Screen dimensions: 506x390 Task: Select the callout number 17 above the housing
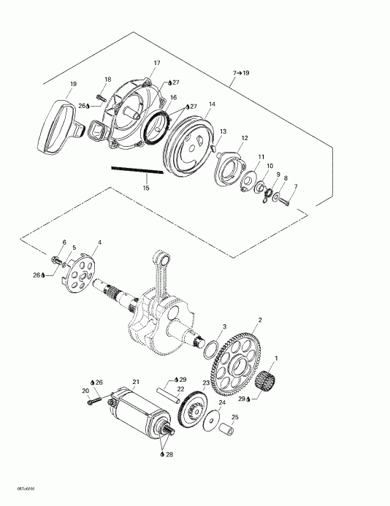coord(156,64)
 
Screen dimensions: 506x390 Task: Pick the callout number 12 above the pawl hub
coord(244,138)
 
